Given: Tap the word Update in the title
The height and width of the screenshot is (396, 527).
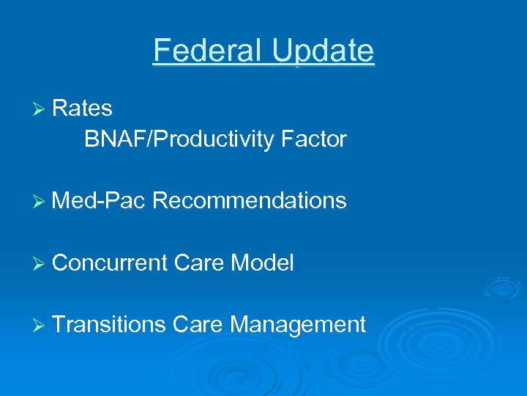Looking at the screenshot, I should click(x=323, y=51).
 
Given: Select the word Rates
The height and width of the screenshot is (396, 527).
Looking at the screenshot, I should click(x=83, y=109).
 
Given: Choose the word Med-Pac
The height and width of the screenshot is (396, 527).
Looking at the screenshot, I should click(x=100, y=200).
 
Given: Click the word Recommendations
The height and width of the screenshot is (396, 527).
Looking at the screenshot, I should click(x=250, y=200).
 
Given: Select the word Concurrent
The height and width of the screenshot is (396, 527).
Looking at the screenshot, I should click(x=110, y=263).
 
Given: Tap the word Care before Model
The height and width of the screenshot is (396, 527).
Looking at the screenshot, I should click(x=199, y=263).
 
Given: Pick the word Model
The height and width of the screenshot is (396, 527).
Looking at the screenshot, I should click(x=263, y=263).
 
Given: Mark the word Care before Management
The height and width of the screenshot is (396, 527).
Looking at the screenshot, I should click(x=199, y=324).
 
